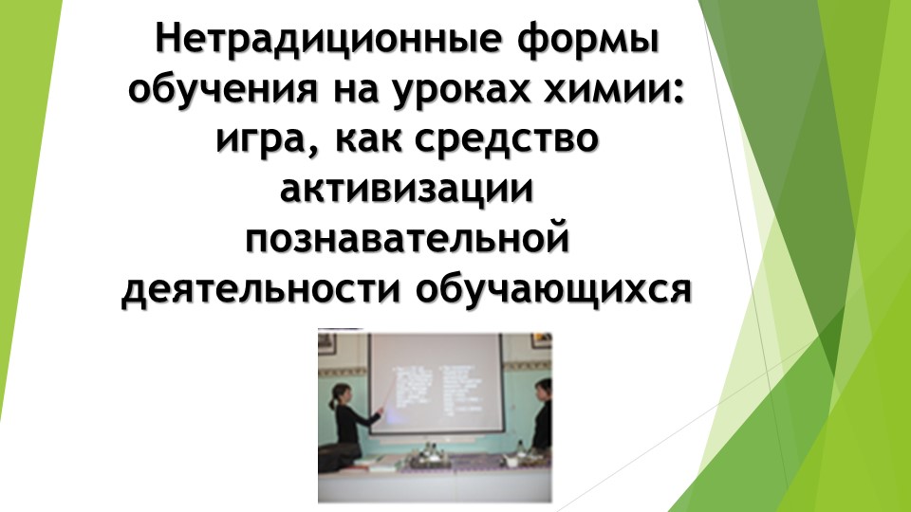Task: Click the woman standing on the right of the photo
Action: pos(541,417)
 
